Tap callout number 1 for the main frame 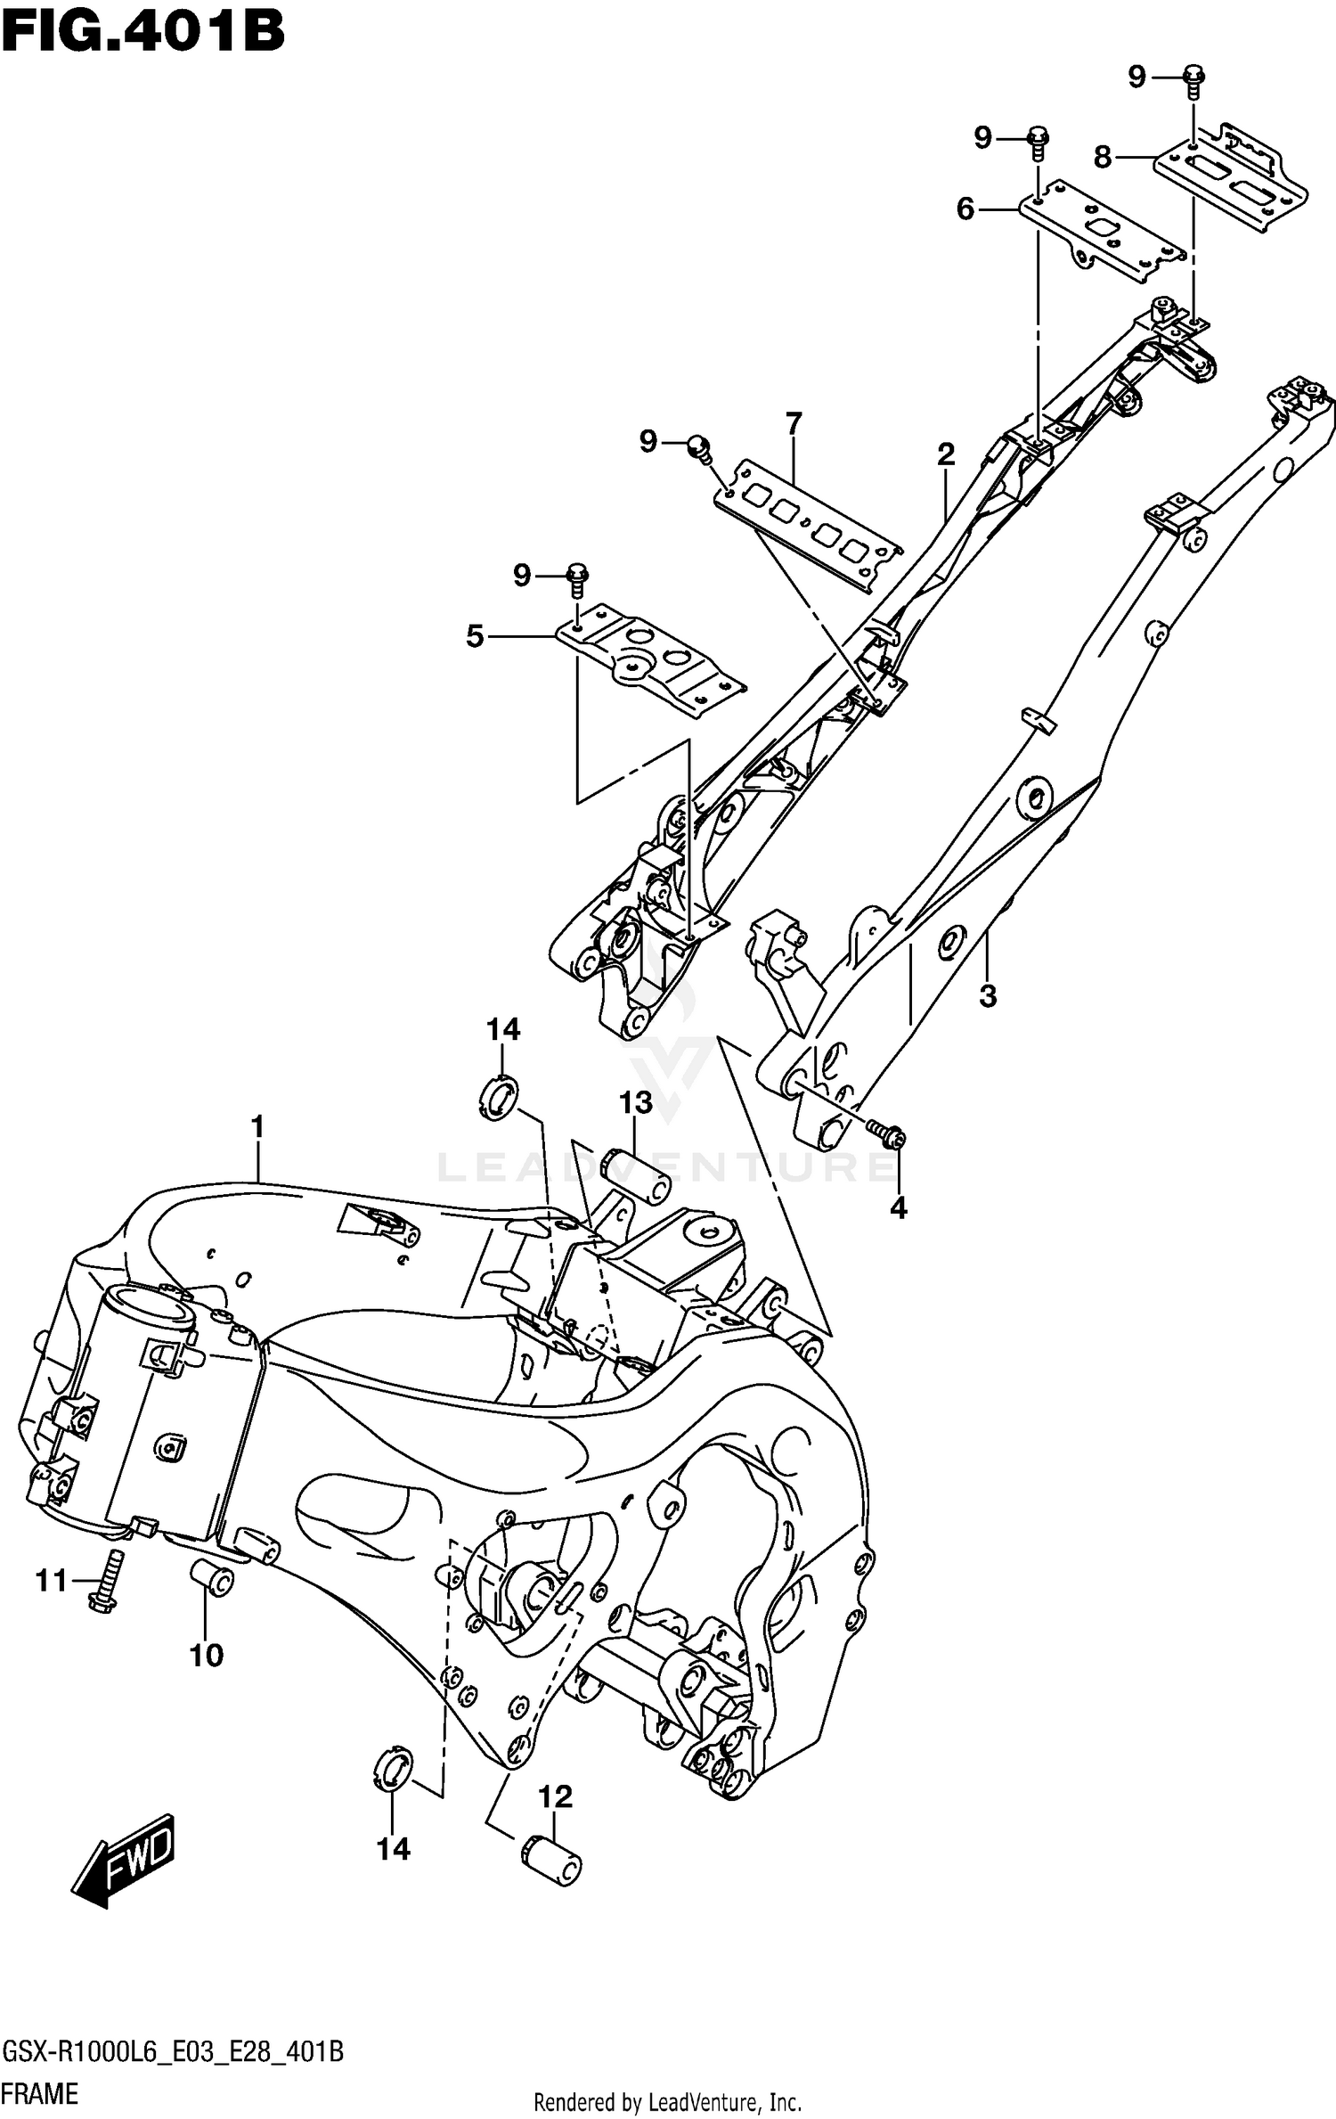click(x=258, y=1128)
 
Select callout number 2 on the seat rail click(x=946, y=455)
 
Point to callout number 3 click(x=988, y=995)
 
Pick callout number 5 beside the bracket click(x=475, y=637)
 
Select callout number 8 click(x=1103, y=159)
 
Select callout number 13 click(x=636, y=1103)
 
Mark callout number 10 click(x=206, y=1656)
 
